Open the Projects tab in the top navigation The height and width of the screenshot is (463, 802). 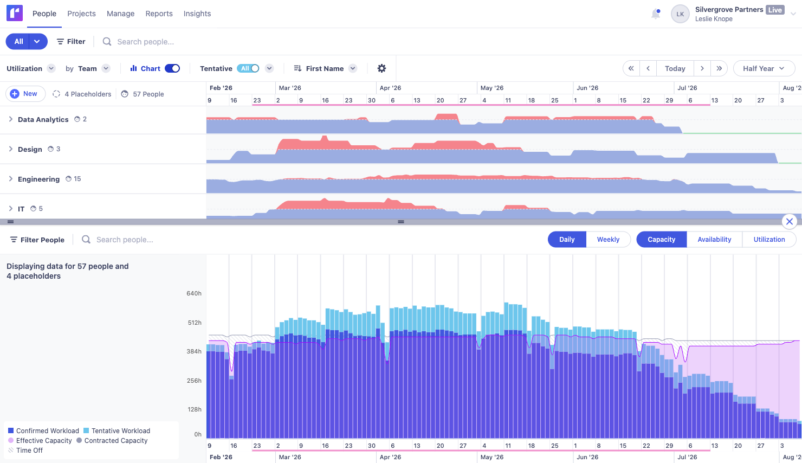pyautogui.click(x=81, y=14)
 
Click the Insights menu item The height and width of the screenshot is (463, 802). pyautogui.click(x=197, y=14)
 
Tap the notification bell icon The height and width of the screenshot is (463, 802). pyautogui.click(x=656, y=14)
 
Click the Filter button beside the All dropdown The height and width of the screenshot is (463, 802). pyautogui.click(x=71, y=42)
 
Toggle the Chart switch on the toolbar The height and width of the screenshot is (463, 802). pyautogui.click(x=172, y=68)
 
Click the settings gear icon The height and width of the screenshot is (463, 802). pyautogui.click(x=381, y=68)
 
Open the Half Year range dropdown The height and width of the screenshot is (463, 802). pyautogui.click(x=764, y=68)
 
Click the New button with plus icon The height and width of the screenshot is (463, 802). pyautogui.click(x=25, y=94)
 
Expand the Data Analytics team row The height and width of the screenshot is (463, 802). pyautogui.click(x=11, y=119)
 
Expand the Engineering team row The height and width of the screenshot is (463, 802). pyautogui.click(x=11, y=179)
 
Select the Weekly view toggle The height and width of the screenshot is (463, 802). pyautogui.click(x=608, y=240)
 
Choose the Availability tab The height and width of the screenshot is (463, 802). pyautogui.click(x=714, y=240)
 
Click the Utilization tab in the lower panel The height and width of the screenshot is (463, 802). pyautogui.click(x=769, y=240)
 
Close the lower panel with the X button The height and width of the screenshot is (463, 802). pyautogui.click(x=790, y=221)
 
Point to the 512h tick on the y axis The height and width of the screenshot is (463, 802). pyautogui.click(x=194, y=323)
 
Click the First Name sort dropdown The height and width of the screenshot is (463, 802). pyautogui.click(x=325, y=68)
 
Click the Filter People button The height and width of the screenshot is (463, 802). pyautogui.click(x=37, y=240)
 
